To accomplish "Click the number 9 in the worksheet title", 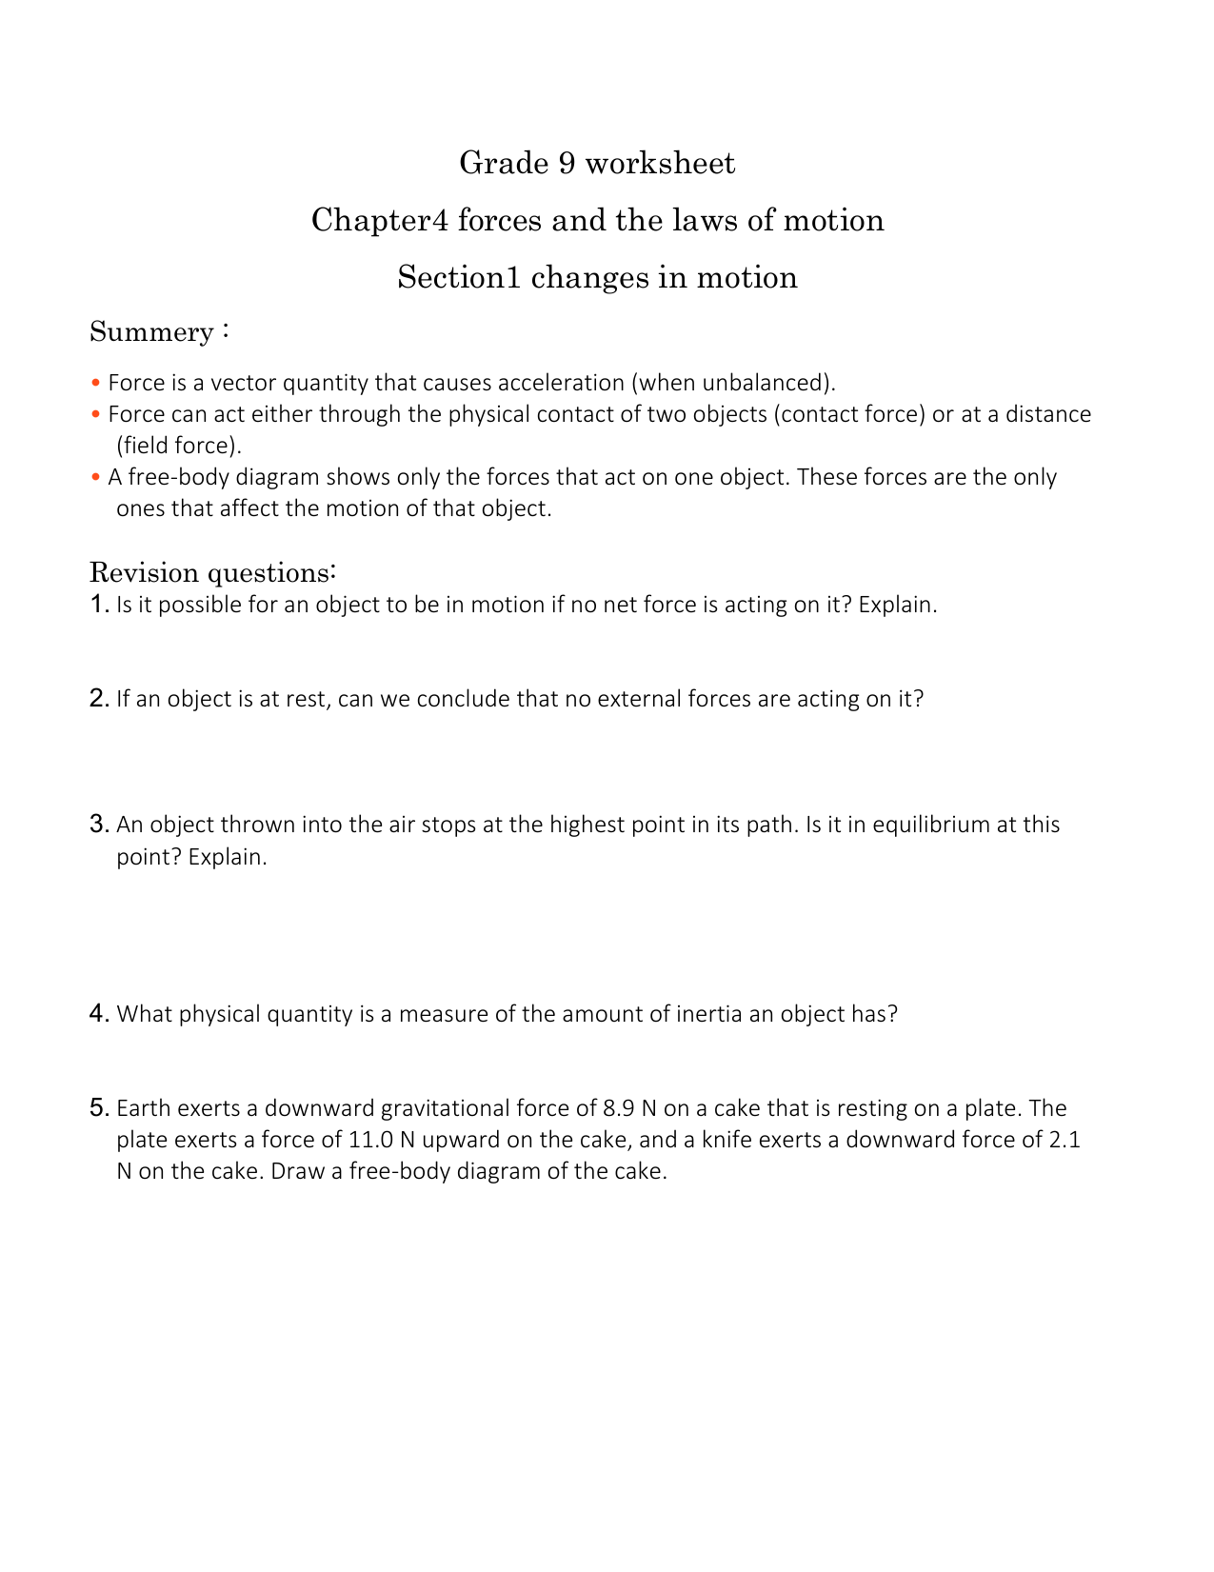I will pos(566,164).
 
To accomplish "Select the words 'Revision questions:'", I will pos(212,573).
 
